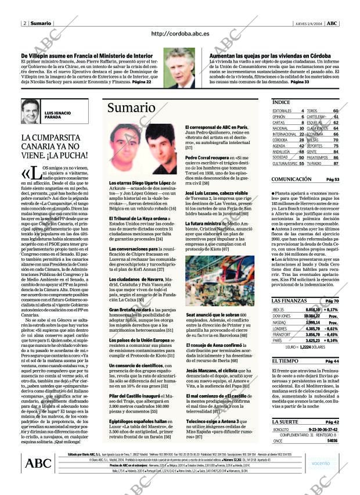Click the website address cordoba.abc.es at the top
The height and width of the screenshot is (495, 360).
tap(180, 34)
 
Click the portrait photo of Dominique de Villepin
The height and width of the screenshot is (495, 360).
tap(179, 67)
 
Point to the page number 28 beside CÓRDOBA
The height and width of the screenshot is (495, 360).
tap(301, 140)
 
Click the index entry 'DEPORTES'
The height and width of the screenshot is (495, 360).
tap(315, 146)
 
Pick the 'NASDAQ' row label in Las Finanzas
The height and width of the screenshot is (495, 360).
tap(280, 322)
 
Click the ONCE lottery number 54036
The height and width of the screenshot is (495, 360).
tap(332, 441)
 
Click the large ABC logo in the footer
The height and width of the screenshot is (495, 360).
tap(38, 462)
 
